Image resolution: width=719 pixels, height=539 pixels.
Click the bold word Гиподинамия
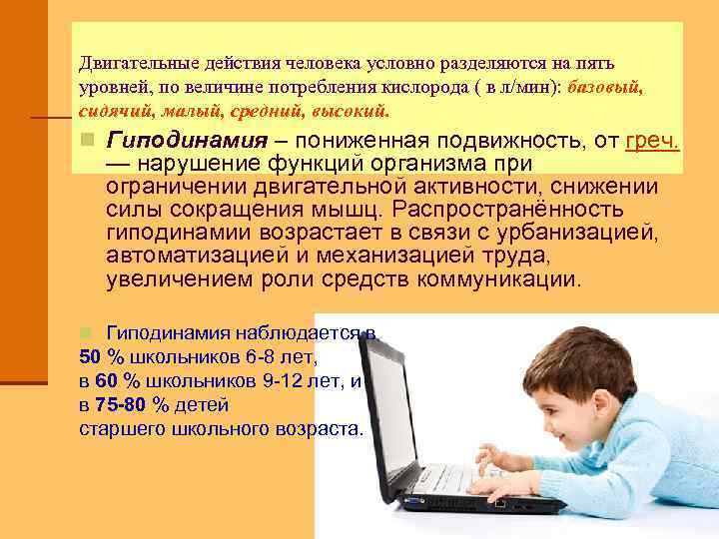point(187,141)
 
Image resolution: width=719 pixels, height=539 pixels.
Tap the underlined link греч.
point(651,141)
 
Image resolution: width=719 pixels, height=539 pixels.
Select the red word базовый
point(604,87)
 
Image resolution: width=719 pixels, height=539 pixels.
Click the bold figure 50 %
point(99,356)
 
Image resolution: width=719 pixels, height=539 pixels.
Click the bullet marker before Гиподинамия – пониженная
point(88,141)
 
